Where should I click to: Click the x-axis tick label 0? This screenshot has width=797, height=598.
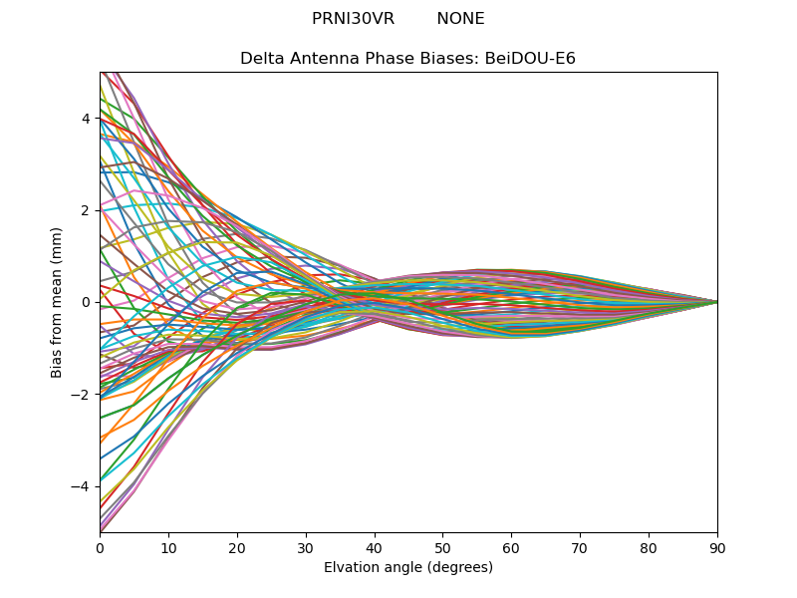click(100, 547)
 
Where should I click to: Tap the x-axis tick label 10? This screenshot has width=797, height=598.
click(168, 547)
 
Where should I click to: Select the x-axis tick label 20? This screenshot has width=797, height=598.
click(237, 547)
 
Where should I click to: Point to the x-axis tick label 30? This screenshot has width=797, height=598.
click(306, 547)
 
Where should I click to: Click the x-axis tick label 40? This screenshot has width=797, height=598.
click(375, 547)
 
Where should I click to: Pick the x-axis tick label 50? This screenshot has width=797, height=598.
click(442, 547)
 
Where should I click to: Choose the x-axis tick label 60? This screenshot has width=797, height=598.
click(511, 547)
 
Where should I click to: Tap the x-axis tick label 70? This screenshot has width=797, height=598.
click(580, 547)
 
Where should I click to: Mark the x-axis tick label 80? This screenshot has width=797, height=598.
click(649, 547)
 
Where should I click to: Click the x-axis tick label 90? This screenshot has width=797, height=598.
click(717, 547)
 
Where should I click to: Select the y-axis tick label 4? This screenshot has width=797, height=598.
click(86, 119)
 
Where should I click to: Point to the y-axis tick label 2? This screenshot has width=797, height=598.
click(86, 210)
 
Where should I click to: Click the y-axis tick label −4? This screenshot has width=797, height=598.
click(82, 486)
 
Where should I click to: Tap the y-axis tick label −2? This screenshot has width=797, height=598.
click(82, 395)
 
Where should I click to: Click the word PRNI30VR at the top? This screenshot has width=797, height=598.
click(353, 19)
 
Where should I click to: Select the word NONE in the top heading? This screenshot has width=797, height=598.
click(460, 19)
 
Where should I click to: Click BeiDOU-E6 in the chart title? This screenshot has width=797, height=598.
click(530, 59)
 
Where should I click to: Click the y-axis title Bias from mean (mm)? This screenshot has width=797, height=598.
click(58, 302)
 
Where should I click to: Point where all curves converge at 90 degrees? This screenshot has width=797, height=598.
click(717, 302)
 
